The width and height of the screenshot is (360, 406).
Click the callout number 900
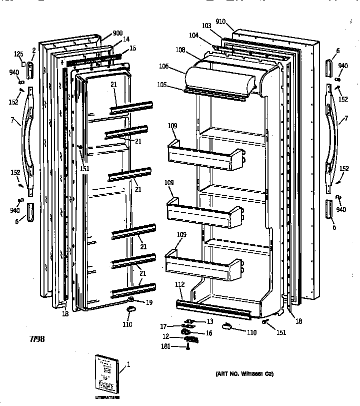click(117, 34)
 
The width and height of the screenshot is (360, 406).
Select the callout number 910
click(221, 22)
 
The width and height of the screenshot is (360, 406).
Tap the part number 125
click(19, 54)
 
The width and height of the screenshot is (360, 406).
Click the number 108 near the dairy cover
click(180, 50)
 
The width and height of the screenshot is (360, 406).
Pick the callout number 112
click(180, 284)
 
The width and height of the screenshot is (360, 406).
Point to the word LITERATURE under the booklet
click(108, 398)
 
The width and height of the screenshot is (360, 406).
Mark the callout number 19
click(149, 302)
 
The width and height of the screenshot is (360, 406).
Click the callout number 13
click(210, 321)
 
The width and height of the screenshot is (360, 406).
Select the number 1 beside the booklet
click(128, 365)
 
